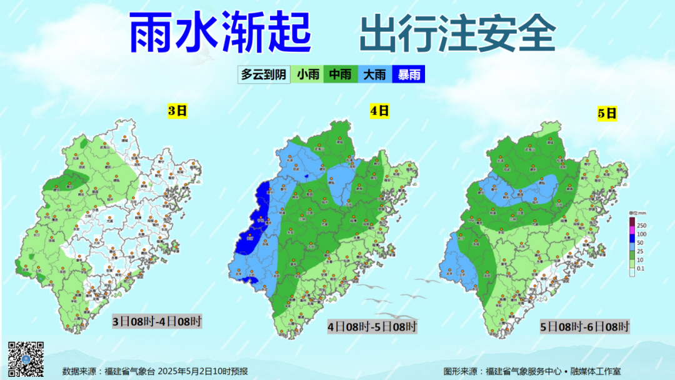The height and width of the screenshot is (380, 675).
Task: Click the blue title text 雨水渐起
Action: click(x=220, y=32)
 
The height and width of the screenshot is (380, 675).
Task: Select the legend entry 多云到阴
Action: click(x=264, y=75)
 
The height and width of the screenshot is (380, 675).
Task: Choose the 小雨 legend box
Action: click(x=308, y=75)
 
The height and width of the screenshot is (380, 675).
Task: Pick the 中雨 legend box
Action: click(x=340, y=75)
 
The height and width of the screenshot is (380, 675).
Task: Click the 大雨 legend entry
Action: click(x=374, y=75)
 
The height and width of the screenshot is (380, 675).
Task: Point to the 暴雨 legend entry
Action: click(x=408, y=75)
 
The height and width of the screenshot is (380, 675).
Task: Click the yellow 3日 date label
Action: click(x=177, y=112)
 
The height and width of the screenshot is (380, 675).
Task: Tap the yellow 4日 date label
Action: click(x=379, y=111)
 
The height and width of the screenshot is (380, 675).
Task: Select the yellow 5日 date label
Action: click(x=607, y=113)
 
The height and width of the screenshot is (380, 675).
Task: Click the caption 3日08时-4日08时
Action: click(x=156, y=322)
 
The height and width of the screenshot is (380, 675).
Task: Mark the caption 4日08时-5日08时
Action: click(x=372, y=326)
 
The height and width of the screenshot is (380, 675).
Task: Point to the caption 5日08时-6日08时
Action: click(x=585, y=326)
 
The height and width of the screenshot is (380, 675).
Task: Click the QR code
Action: click(x=26, y=359)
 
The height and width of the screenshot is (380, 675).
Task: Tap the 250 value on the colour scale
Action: click(x=641, y=225)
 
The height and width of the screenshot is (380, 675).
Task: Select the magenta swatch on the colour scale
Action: click(x=631, y=233)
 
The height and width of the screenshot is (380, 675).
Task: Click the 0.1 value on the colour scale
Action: click(x=641, y=269)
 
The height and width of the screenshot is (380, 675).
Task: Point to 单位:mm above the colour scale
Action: click(x=637, y=214)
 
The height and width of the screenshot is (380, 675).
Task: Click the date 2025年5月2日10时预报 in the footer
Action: click(x=202, y=371)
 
